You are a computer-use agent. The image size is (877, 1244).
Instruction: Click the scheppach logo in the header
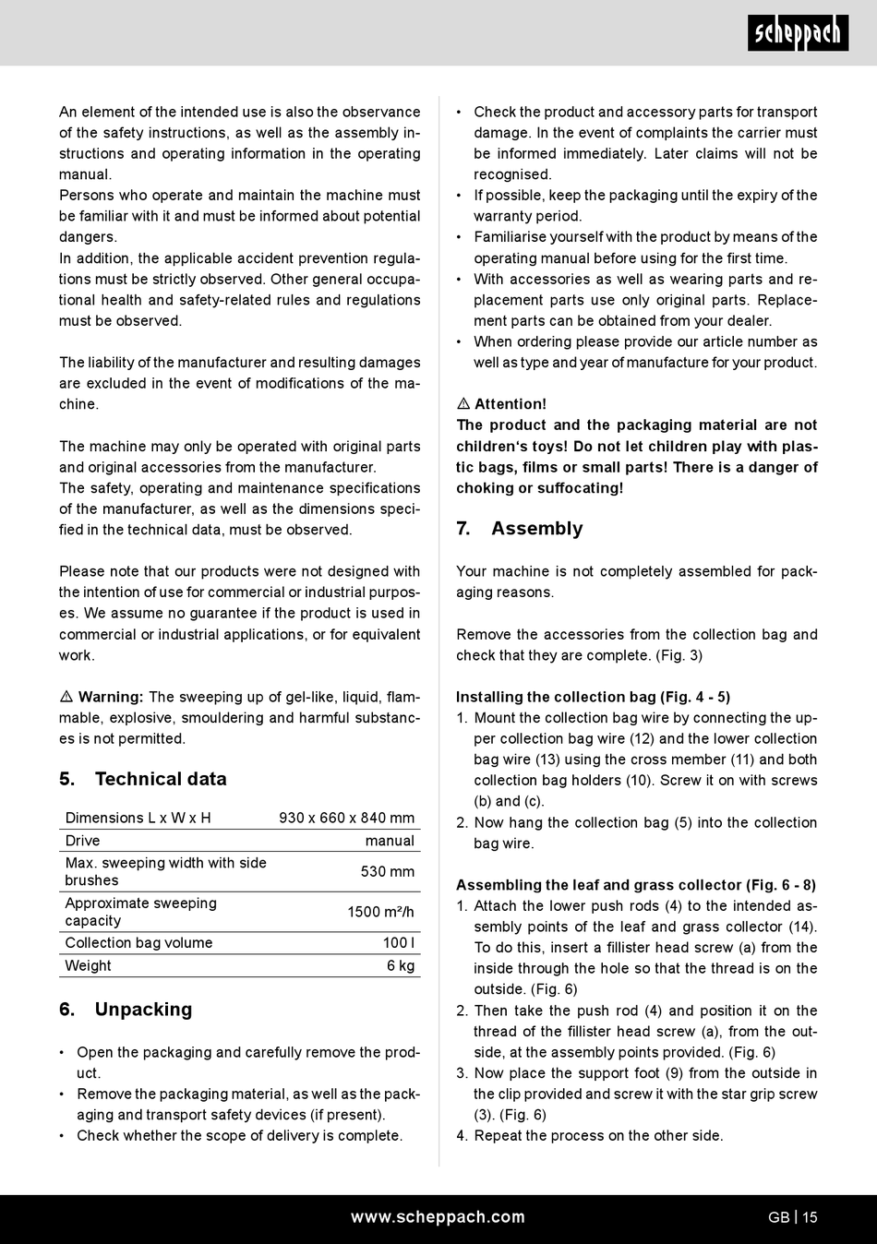(x=798, y=33)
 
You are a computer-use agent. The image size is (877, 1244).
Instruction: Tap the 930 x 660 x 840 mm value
(x=346, y=818)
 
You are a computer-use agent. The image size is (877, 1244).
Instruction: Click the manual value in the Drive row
(x=390, y=841)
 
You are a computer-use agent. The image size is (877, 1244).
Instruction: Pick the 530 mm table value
(x=387, y=871)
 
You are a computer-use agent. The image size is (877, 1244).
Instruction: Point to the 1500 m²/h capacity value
(x=380, y=912)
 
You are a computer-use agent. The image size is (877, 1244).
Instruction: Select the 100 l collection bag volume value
(x=399, y=942)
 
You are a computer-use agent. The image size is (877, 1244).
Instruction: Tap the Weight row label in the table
(x=88, y=965)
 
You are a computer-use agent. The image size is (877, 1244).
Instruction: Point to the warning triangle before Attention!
(x=463, y=404)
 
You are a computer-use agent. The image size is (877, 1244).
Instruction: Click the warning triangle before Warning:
(x=66, y=697)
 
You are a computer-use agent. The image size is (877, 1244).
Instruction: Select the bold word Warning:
(x=111, y=697)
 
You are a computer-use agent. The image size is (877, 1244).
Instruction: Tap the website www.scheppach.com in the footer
(x=438, y=1217)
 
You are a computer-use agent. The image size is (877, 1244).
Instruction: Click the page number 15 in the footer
(x=810, y=1217)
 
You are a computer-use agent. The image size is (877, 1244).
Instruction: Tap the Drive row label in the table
(x=82, y=841)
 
